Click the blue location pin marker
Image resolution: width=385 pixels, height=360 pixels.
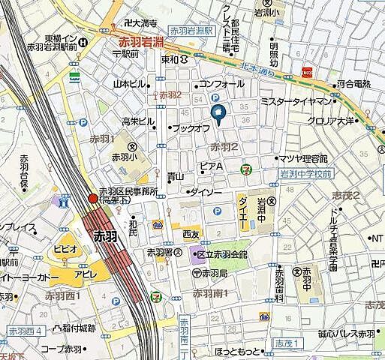[219, 114]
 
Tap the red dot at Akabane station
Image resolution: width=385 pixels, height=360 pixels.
[93, 199]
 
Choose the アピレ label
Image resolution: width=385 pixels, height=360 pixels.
[84, 274]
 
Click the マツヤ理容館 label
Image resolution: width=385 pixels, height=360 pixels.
[303, 158]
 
